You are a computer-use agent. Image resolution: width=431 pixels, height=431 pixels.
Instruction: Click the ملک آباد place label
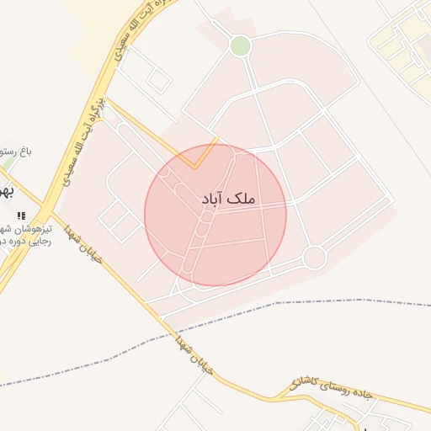[x=228, y=199]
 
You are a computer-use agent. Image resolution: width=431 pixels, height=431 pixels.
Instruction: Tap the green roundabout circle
[x=241, y=45]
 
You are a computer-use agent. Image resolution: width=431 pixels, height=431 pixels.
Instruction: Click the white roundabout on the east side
[x=314, y=258]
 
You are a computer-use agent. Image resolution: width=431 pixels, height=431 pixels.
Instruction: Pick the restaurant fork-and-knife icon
[x=21, y=215]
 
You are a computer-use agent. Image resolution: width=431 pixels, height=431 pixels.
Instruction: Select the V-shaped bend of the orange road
[x=195, y=167]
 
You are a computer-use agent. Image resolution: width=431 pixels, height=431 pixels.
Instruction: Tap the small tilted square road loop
[x=159, y=81]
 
